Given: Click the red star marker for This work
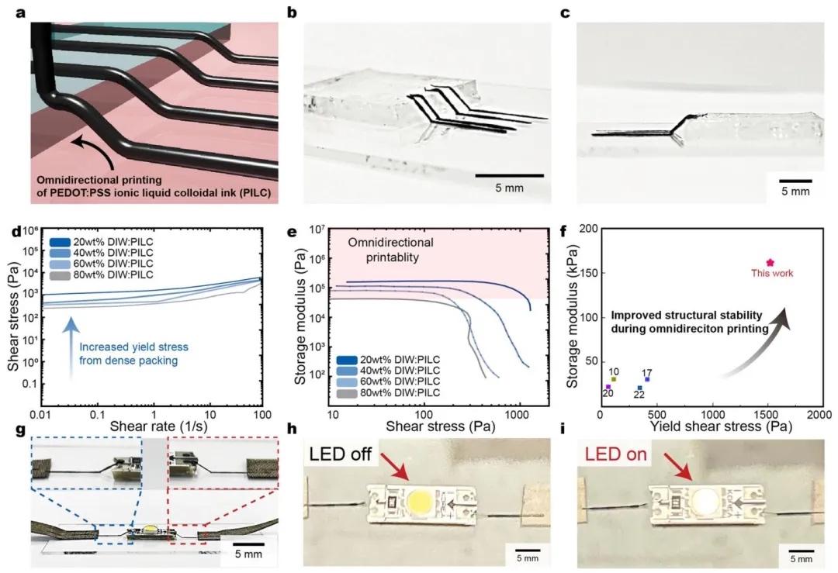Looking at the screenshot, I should coord(770,263).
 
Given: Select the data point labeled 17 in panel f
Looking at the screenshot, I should coord(647,378).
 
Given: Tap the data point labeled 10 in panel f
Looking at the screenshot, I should coord(613,379).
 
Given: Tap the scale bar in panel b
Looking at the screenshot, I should coord(509,175).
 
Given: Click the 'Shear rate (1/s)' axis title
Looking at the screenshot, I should coord(163,426).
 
